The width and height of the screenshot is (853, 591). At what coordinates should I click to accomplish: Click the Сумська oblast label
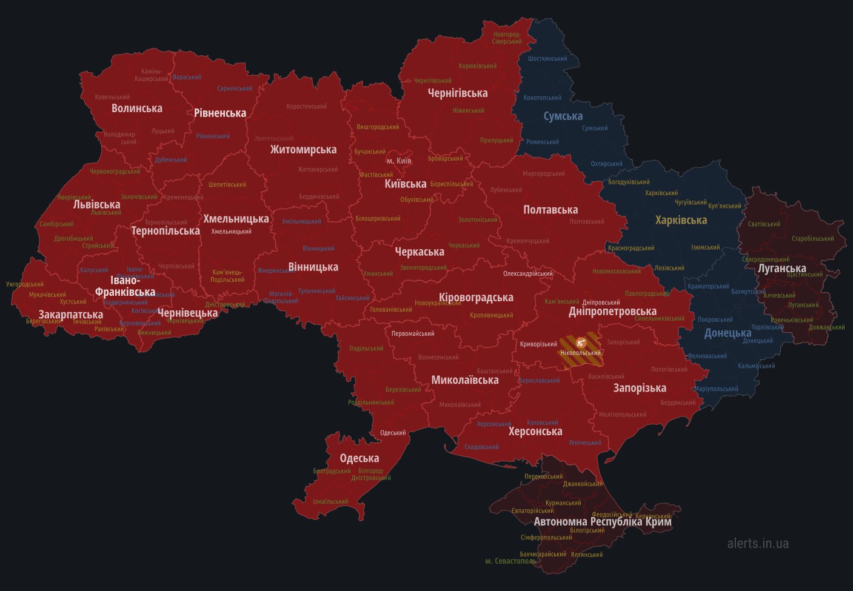pyautogui.click(x=563, y=116)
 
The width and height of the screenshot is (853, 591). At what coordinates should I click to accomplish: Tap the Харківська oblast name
pyautogui.click(x=681, y=220)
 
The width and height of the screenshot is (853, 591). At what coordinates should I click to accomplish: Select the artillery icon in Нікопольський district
pyautogui.click(x=581, y=342)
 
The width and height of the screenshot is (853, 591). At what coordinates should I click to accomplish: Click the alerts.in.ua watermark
pyautogui.click(x=758, y=543)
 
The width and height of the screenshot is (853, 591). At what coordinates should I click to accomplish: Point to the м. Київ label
pyautogui.click(x=399, y=161)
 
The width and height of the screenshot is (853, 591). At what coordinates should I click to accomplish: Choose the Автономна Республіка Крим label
pyautogui.click(x=602, y=521)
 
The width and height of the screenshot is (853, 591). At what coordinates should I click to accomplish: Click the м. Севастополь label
pyautogui.click(x=510, y=561)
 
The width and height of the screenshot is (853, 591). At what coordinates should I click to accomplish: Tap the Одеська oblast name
pyautogui.click(x=359, y=458)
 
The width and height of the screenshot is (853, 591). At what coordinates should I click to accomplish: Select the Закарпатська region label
pyautogui.click(x=70, y=315)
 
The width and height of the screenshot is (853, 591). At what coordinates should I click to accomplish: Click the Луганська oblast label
pyautogui.click(x=781, y=268)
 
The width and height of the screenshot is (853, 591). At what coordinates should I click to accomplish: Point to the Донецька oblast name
pyautogui.click(x=728, y=333)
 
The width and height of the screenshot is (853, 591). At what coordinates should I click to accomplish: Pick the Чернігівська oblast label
pyautogui.click(x=457, y=93)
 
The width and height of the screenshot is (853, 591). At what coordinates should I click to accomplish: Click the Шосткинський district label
pyautogui.click(x=547, y=59)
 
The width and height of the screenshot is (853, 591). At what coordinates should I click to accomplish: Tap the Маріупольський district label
pyautogui.click(x=716, y=389)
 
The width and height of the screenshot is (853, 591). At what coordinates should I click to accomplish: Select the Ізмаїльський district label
pyautogui.click(x=330, y=501)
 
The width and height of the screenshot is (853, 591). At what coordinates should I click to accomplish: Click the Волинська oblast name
pyautogui.click(x=136, y=108)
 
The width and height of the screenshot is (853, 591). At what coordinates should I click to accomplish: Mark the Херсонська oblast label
pyautogui.click(x=535, y=432)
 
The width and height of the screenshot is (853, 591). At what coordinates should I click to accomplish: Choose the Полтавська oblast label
pyautogui.click(x=550, y=210)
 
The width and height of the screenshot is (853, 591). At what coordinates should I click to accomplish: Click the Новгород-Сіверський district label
pyautogui.click(x=507, y=38)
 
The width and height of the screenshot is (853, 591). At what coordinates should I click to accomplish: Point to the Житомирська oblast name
pyautogui.click(x=303, y=150)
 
